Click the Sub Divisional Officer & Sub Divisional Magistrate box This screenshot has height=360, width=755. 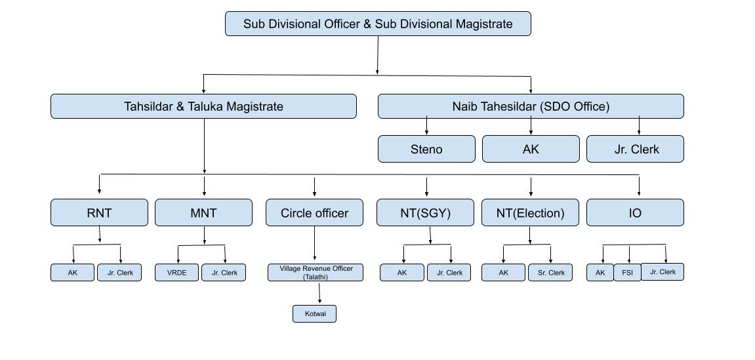pyautogui.click(x=378, y=24)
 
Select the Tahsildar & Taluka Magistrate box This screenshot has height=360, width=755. pyautogui.click(x=203, y=106)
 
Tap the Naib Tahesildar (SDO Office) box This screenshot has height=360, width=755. pyautogui.click(x=531, y=106)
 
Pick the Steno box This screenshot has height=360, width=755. pyautogui.click(x=426, y=149)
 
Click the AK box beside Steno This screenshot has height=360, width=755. pyautogui.click(x=531, y=149)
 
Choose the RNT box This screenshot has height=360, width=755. pyautogui.click(x=99, y=212)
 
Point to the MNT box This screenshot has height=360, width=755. pyautogui.click(x=203, y=212)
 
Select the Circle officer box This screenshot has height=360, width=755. pyautogui.click(x=314, y=212)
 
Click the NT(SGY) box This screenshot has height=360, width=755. pyautogui.click(x=426, y=212)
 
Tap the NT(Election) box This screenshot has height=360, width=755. pyautogui.click(x=531, y=212)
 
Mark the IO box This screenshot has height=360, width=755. pyautogui.click(x=635, y=212)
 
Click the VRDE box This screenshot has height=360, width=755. pyautogui.click(x=176, y=273)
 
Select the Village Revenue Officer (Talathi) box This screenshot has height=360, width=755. pyautogui.click(x=316, y=273)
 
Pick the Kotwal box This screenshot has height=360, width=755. pyautogui.click(x=315, y=313)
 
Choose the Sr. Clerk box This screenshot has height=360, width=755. pyautogui.click(x=550, y=273)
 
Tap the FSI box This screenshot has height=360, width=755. pyautogui.click(x=628, y=273)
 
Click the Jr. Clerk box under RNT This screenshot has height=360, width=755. pyautogui.click(x=119, y=273)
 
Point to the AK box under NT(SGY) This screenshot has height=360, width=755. pyautogui.click(x=402, y=273)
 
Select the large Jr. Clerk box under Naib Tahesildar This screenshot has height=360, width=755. pyautogui.click(x=635, y=149)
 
